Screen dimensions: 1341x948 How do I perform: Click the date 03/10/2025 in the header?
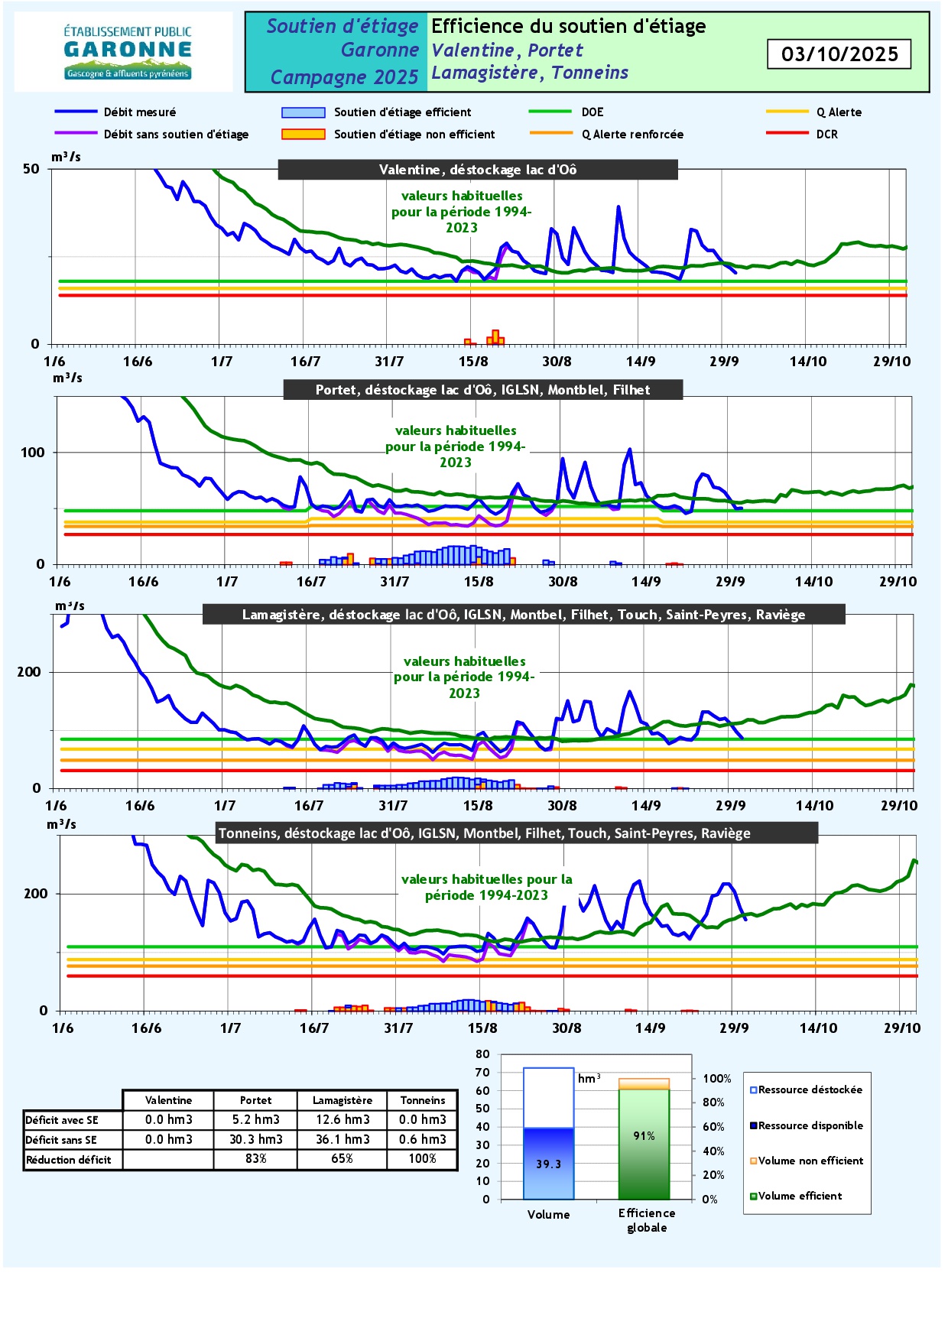tap(839, 54)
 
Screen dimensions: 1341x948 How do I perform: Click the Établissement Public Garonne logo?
tap(127, 52)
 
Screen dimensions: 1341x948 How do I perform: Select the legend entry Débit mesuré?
tap(140, 112)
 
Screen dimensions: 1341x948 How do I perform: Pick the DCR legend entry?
tap(826, 135)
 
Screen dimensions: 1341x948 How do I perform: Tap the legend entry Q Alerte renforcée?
tap(632, 135)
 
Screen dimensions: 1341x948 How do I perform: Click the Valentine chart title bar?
tap(478, 170)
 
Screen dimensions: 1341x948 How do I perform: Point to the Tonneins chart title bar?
tap(484, 833)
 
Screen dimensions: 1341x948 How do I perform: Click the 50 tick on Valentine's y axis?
tap(31, 169)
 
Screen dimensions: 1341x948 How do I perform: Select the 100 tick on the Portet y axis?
tap(33, 453)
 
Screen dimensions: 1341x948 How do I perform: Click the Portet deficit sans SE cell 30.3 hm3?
tap(256, 1139)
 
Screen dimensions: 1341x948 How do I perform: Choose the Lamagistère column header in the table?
tap(343, 1100)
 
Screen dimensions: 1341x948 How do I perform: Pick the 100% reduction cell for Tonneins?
tap(422, 1159)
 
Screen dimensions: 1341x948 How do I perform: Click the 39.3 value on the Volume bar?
tap(548, 1164)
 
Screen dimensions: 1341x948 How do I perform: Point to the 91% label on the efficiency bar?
tap(644, 1136)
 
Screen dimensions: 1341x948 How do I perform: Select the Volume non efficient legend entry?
tap(810, 1161)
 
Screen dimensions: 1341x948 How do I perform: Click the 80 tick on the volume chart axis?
tap(482, 1054)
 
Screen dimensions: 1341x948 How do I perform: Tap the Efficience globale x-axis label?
tap(647, 1220)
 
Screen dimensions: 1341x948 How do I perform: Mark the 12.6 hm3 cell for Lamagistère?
tap(343, 1119)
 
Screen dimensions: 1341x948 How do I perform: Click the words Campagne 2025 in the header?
tap(344, 77)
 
